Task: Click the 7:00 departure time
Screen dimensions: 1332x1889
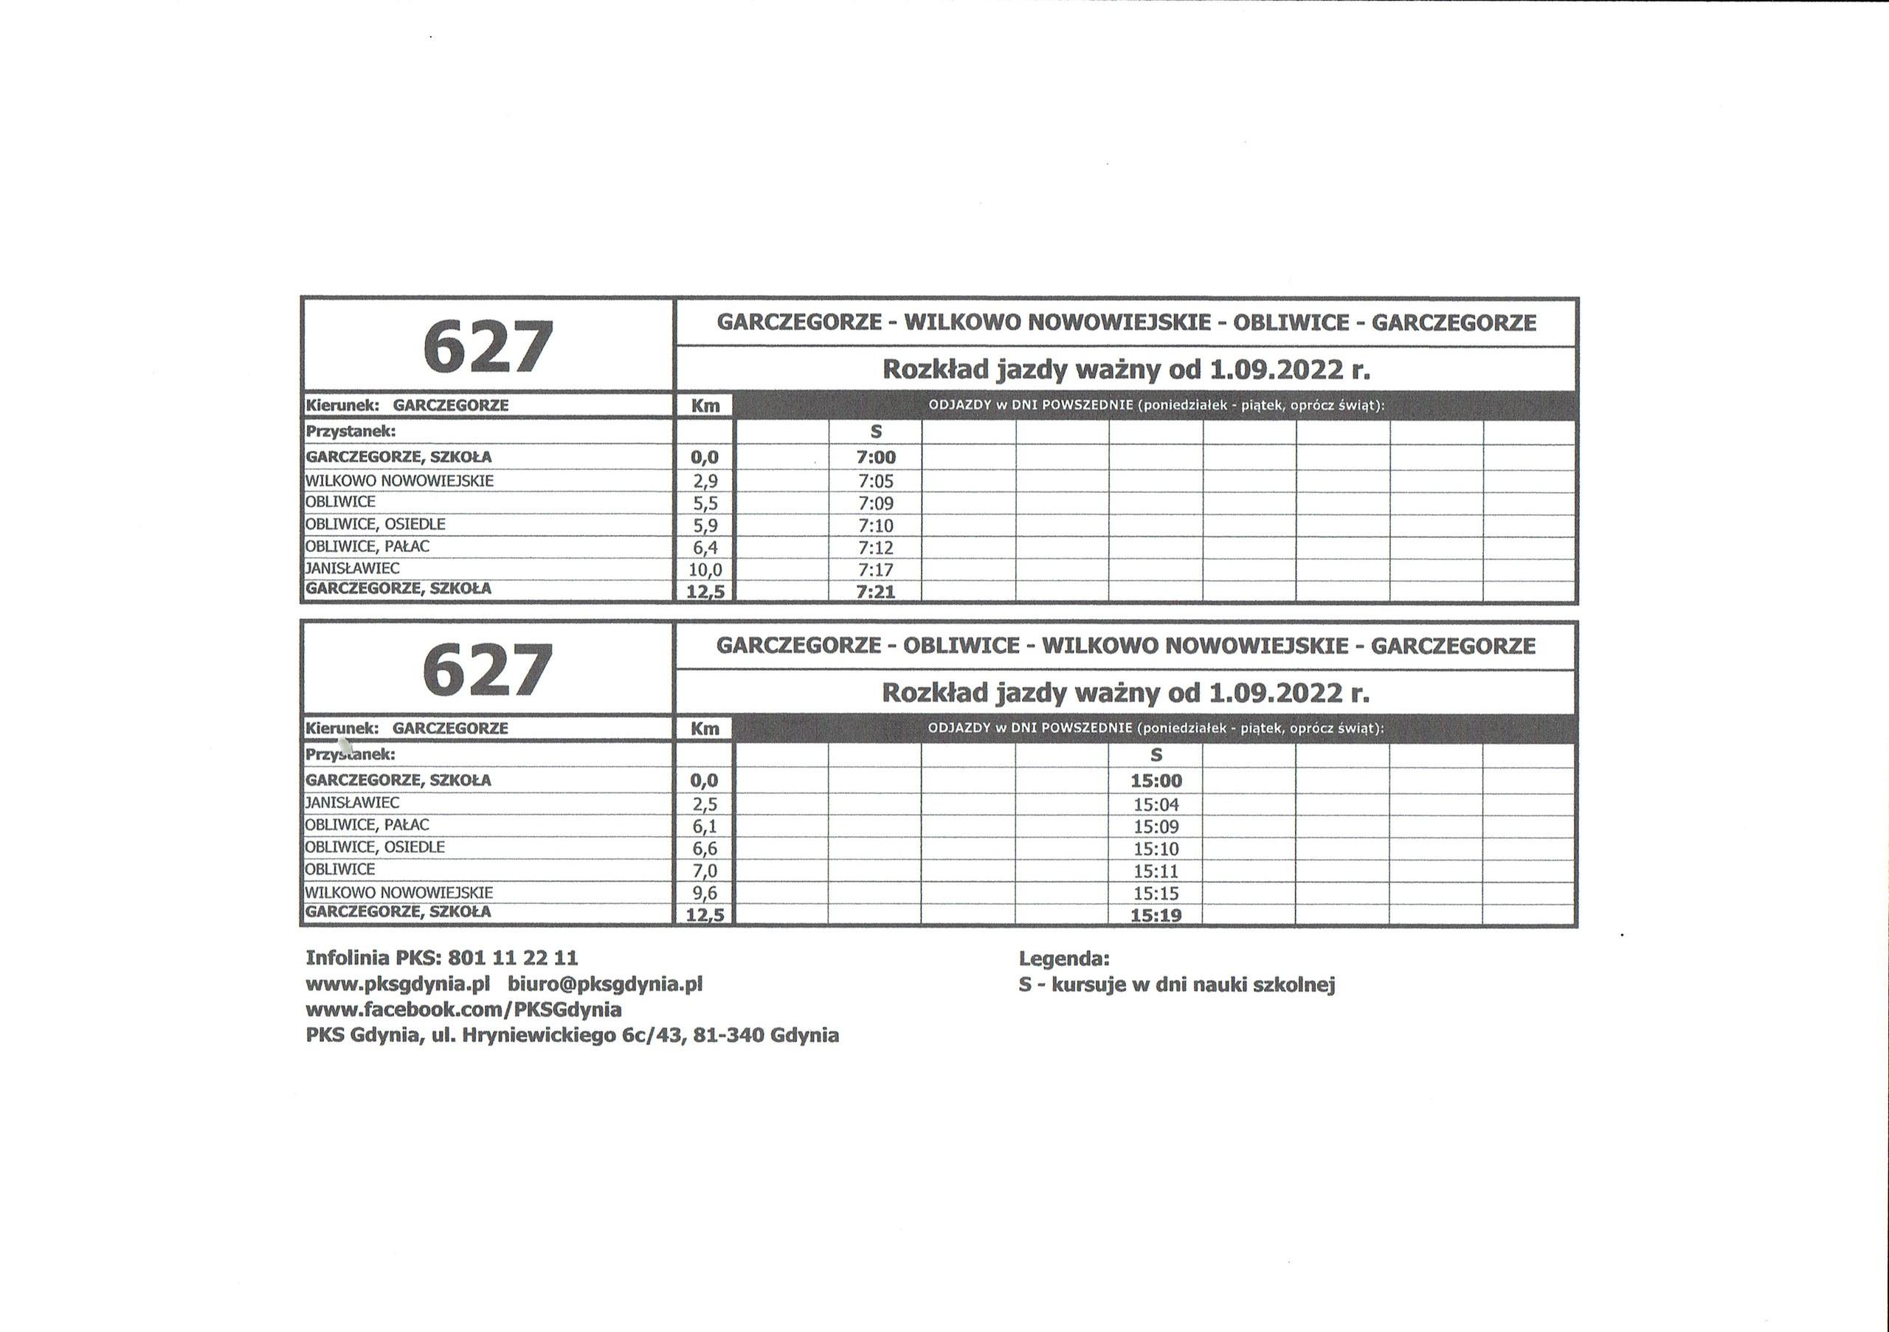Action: [x=875, y=458]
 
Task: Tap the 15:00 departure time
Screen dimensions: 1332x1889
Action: [x=1156, y=781]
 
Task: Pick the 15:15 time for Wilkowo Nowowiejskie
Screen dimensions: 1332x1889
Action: [x=1156, y=894]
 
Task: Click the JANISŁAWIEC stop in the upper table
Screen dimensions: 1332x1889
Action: [x=352, y=568]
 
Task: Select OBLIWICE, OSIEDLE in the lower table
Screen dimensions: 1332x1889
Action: [x=374, y=847]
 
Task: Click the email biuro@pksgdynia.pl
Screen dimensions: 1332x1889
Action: [x=605, y=984]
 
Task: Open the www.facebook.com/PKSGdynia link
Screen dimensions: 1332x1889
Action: [x=463, y=1010]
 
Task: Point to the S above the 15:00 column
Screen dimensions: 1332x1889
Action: [x=1156, y=755]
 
